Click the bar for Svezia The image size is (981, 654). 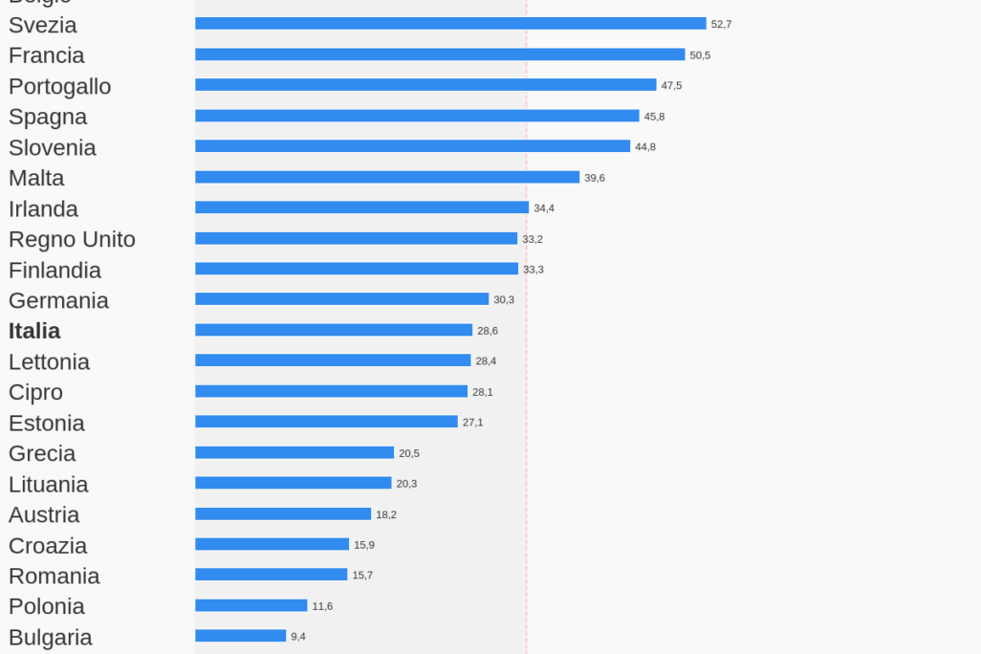pyautogui.click(x=450, y=24)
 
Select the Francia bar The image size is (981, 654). pyautogui.click(x=440, y=54)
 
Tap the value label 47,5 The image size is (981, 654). pyautogui.click(x=671, y=86)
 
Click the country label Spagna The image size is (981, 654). pyautogui.click(x=48, y=118)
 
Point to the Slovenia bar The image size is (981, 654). pyautogui.click(x=412, y=146)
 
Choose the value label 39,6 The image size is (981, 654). pyautogui.click(x=595, y=178)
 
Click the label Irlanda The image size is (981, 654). pyautogui.click(x=43, y=209)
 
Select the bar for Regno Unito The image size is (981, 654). pyautogui.click(x=356, y=238)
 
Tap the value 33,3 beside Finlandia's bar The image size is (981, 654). pyautogui.click(x=534, y=270)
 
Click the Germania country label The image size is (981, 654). pyautogui.click(x=58, y=301)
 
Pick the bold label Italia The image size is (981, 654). pyautogui.click(x=34, y=332)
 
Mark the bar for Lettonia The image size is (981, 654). pyautogui.click(x=333, y=360)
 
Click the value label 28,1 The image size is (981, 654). pyautogui.click(x=483, y=392)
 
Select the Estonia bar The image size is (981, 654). pyautogui.click(x=326, y=422)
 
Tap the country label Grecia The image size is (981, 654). pyautogui.click(x=42, y=454)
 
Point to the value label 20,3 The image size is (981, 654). pyautogui.click(x=406, y=484)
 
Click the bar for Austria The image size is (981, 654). pyautogui.click(x=283, y=513)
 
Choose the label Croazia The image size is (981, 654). pyautogui.click(x=48, y=546)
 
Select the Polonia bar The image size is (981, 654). pyautogui.click(x=251, y=605)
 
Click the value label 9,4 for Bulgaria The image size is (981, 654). pyautogui.click(x=298, y=637)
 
